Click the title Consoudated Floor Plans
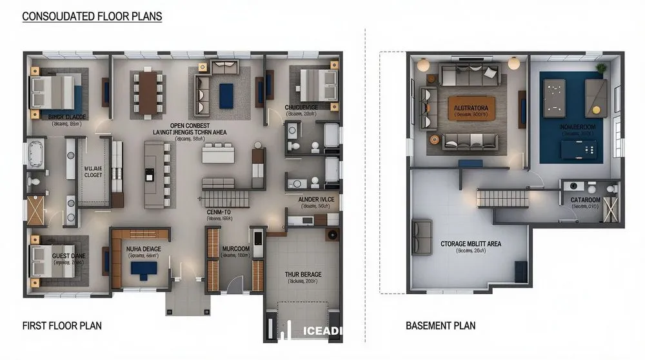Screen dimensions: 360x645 click(x=92, y=15)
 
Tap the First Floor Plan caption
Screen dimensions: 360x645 click(x=62, y=326)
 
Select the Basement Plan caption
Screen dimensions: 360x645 click(x=441, y=326)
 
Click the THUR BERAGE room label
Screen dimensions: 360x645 click(x=303, y=274)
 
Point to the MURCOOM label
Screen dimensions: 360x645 click(x=235, y=248)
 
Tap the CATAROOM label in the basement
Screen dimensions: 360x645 click(x=585, y=200)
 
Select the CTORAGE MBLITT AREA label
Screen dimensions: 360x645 click(x=471, y=244)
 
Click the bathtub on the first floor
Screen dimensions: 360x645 click(x=35, y=155)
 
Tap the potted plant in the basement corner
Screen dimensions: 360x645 click(x=601, y=66)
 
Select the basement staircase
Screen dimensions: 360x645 click(x=503, y=198)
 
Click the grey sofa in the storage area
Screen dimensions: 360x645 click(x=422, y=237)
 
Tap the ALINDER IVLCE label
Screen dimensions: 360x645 click(x=316, y=200)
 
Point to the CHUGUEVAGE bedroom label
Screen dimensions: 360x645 click(x=301, y=107)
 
